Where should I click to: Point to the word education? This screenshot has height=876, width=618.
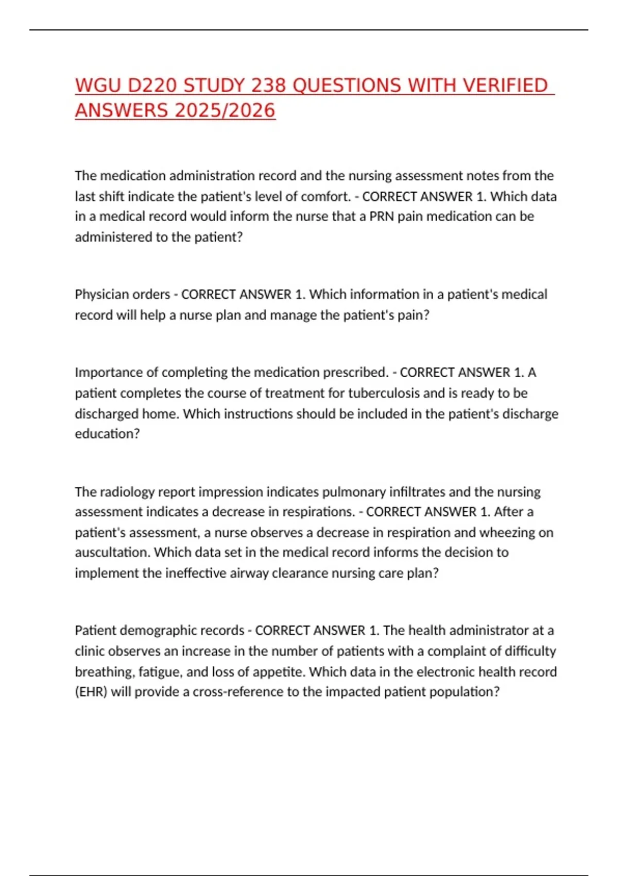click(107, 434)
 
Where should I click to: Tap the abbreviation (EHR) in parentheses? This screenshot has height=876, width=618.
click(91, 692)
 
